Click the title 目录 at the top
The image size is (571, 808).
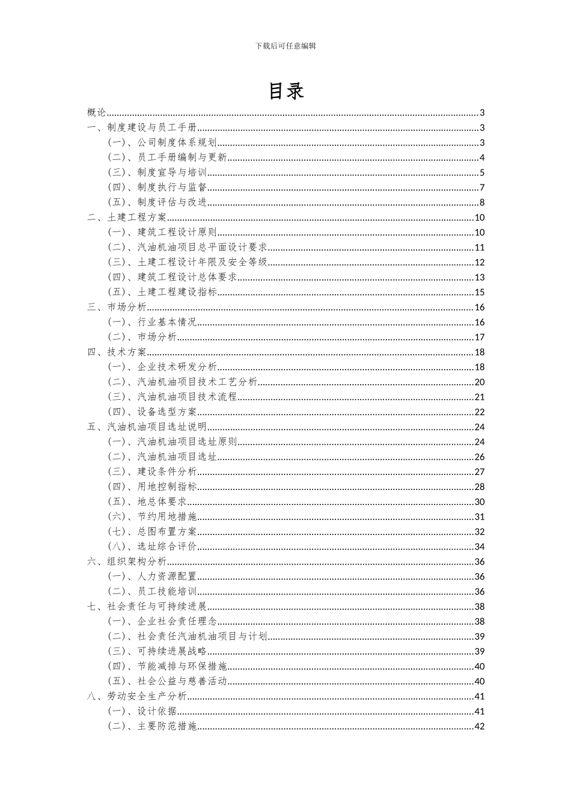(285, 91)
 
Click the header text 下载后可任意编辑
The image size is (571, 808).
(285, 46)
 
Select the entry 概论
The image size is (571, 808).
(97, 112)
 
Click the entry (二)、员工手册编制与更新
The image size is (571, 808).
(167, 158)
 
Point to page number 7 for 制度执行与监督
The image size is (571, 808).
(482, 188)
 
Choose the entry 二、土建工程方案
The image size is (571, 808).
(127, 218)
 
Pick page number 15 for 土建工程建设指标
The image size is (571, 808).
(480, 292)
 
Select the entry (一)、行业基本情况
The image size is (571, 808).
(152, 322)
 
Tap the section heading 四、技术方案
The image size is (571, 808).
(117, 352)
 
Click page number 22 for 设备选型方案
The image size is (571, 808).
(480, 412)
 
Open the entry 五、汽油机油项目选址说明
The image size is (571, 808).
(147, 427)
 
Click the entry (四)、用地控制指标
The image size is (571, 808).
(152, 486)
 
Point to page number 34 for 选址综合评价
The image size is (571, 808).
(480, 546)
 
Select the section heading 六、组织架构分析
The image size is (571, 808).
(127, 562)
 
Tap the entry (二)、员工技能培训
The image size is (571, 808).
(152, 592)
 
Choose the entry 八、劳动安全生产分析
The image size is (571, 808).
(137, 696)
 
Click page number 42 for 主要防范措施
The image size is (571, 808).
(480, 726)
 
